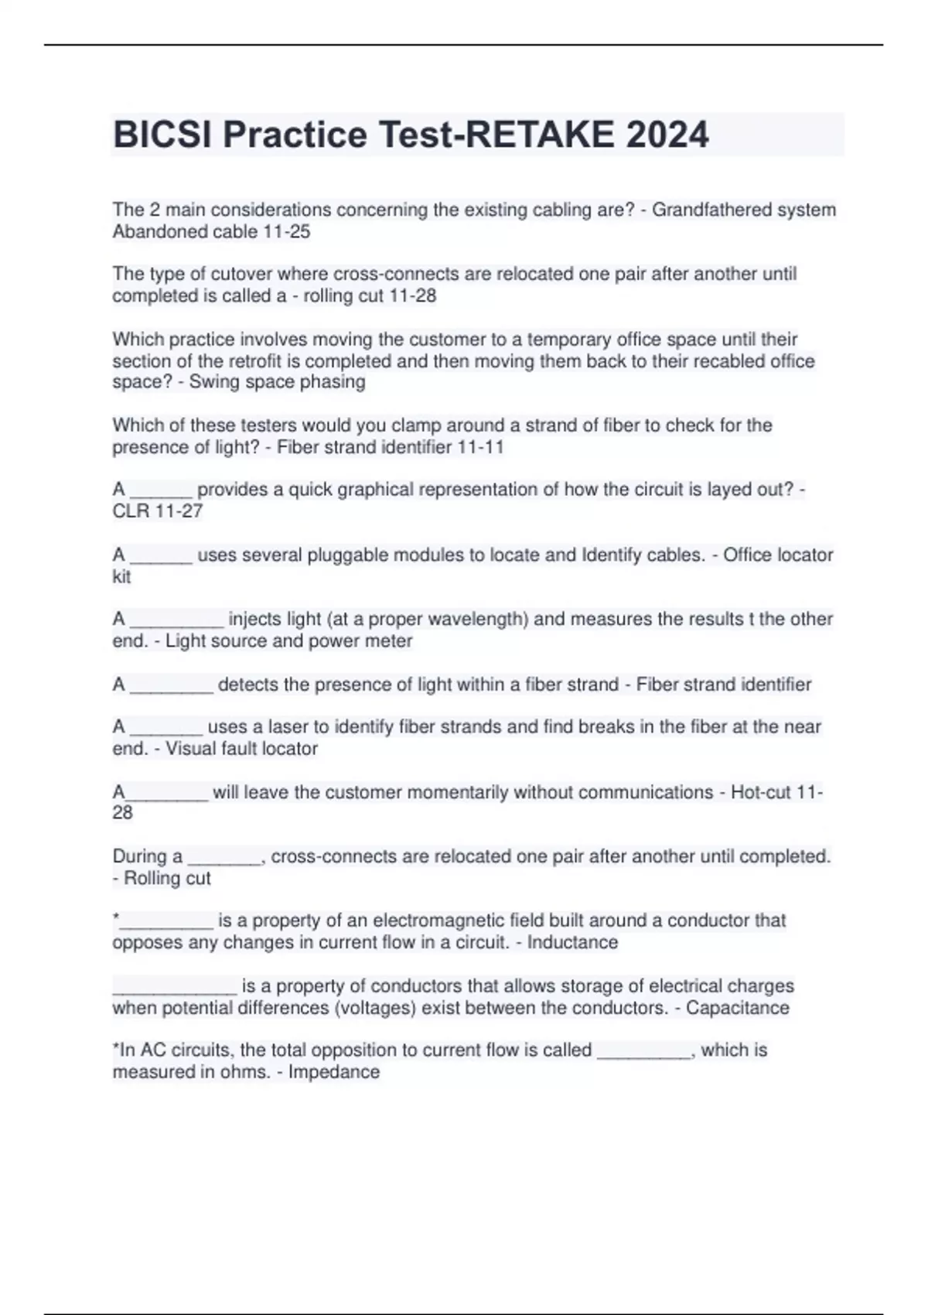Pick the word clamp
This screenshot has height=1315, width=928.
[418, 425]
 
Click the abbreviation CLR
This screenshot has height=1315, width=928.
[131, 511]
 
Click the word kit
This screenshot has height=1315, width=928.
[121, 576]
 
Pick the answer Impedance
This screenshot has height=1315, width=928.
[334, 1072]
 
